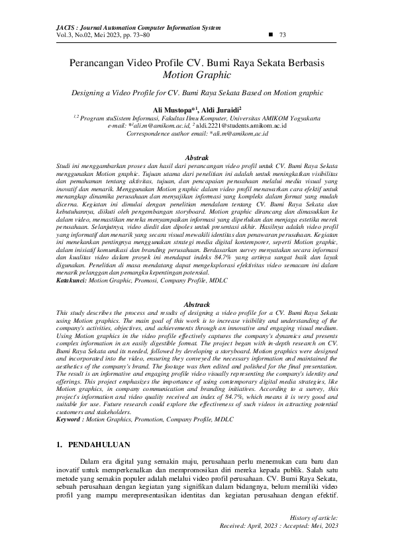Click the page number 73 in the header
(283, 35)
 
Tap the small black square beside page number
(269, 34)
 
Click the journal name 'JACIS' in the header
(50, 28)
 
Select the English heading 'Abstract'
(196, 303)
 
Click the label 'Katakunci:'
(71, 281)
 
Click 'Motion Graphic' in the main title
(197, 75)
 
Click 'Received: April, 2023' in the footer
(254, 525)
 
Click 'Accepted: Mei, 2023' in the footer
(313, 525)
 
